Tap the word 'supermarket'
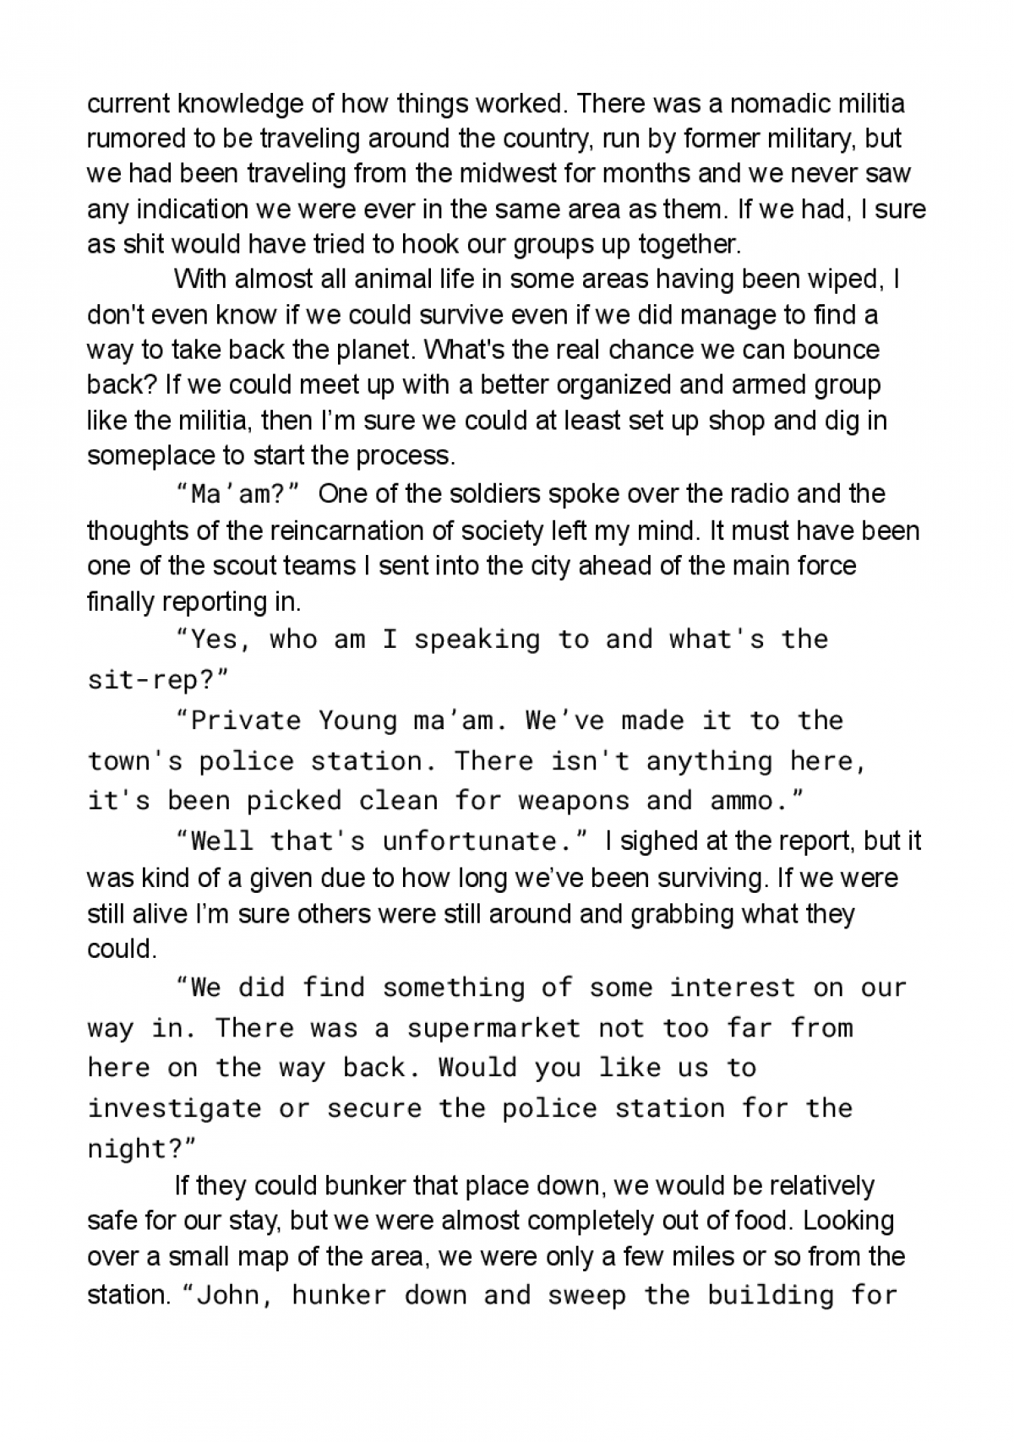[493, 1028]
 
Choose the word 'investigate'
[174, 1108]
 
